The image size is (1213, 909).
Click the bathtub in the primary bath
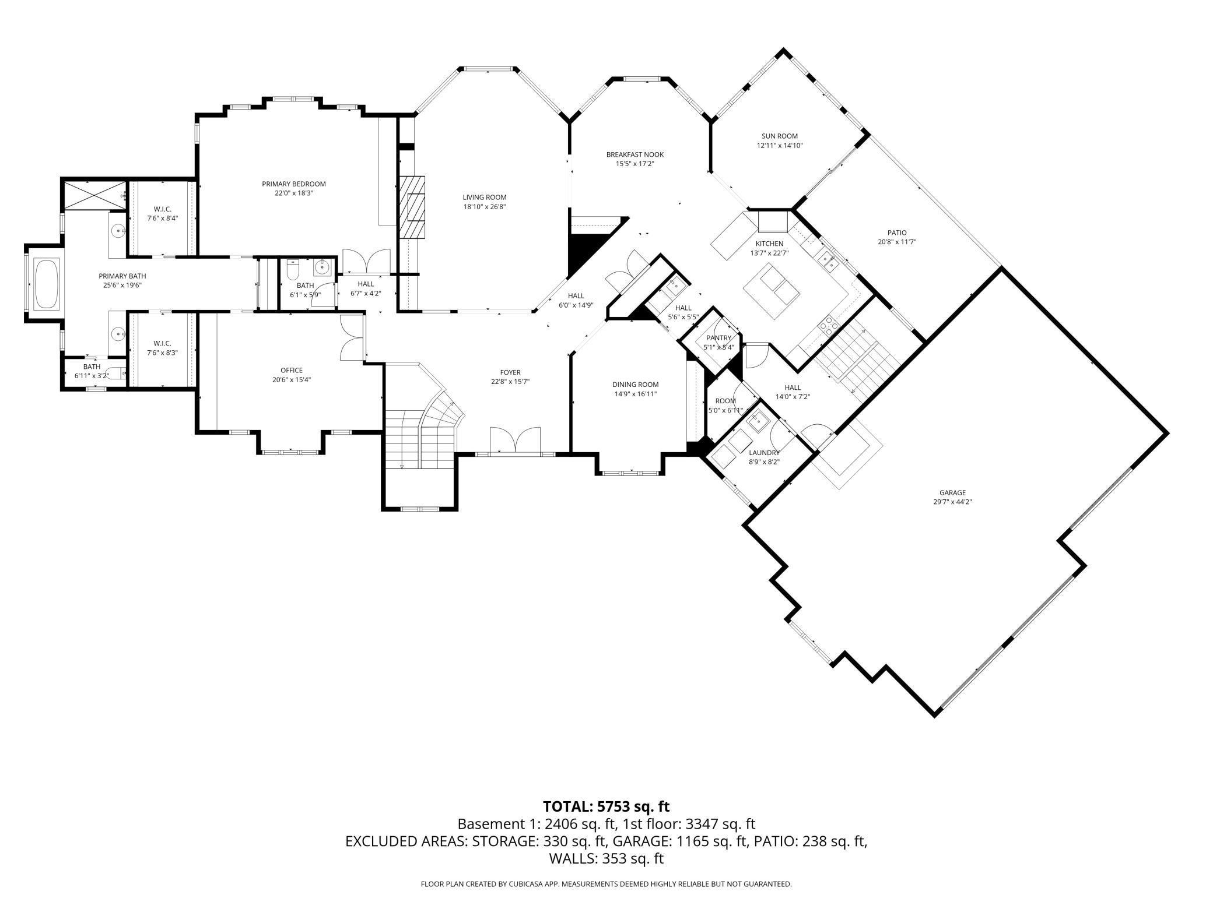[47, 284]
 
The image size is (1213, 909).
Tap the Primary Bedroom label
[294, 184]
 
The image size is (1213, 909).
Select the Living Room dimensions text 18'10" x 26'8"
[485, 206]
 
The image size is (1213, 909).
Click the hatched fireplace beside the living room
[412, 207]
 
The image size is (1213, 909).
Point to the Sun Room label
[780, 136]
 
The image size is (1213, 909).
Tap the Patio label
[897, 233]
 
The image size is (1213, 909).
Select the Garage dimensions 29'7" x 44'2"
[952, 502]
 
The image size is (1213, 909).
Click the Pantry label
[718, 338]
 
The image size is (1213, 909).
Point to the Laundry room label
[764, 453]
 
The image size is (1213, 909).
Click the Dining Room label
[636, 385]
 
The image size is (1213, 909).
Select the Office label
[292, 371]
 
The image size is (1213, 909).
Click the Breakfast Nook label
[635, 154]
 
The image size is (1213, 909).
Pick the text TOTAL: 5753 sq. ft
[606, 806]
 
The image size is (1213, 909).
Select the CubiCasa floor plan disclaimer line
[606, 884]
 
